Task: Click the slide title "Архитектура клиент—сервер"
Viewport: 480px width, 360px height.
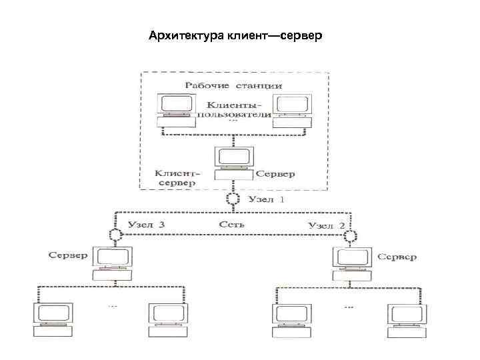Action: (235, 34)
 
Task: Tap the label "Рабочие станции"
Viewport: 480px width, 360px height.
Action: (233, 85)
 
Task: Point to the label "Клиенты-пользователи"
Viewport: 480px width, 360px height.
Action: (234, 111)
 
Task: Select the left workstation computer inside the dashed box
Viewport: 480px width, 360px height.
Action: (178, 110)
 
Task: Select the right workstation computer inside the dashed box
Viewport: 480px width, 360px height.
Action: (292, 110)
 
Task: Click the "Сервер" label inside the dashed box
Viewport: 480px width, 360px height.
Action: (276, 174)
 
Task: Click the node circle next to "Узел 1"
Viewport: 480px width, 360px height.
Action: (233, 199)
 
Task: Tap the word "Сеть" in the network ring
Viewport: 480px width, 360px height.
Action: (232, 225)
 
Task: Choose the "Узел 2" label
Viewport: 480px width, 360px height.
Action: (325, 225)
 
